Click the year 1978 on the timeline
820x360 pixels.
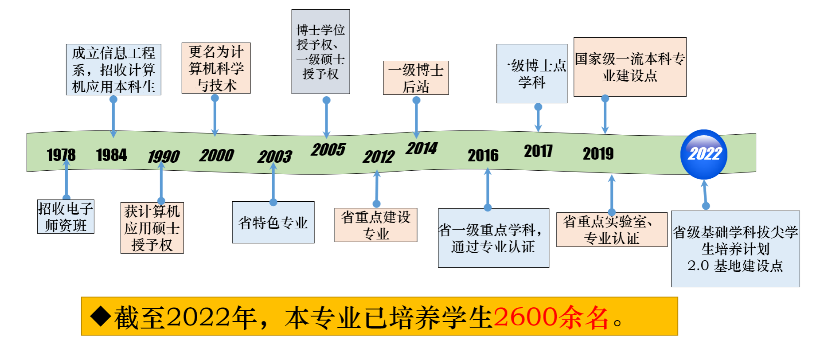pos(61,155)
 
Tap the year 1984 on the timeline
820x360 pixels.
pos(111,155)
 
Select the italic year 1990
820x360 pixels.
pos(164,157)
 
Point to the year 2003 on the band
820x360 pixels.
pos(275,157)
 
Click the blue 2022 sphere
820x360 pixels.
pos(703,154)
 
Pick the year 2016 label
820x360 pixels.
pos(483,156)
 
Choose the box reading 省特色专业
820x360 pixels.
pos(273,223)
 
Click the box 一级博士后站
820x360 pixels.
pos(416,78)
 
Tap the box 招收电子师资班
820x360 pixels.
pos(66,217)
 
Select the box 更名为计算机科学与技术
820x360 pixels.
pos(216,68)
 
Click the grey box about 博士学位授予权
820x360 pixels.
pos(320,52)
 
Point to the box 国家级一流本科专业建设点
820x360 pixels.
pos(630,67)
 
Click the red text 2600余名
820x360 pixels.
pos(551,317)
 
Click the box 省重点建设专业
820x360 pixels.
pos(375,225)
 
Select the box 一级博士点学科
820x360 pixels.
pos(532,74)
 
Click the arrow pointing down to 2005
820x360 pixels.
pos(327,117)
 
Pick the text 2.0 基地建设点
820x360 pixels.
pos(735,266)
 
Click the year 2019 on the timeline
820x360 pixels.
pos(598,154)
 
